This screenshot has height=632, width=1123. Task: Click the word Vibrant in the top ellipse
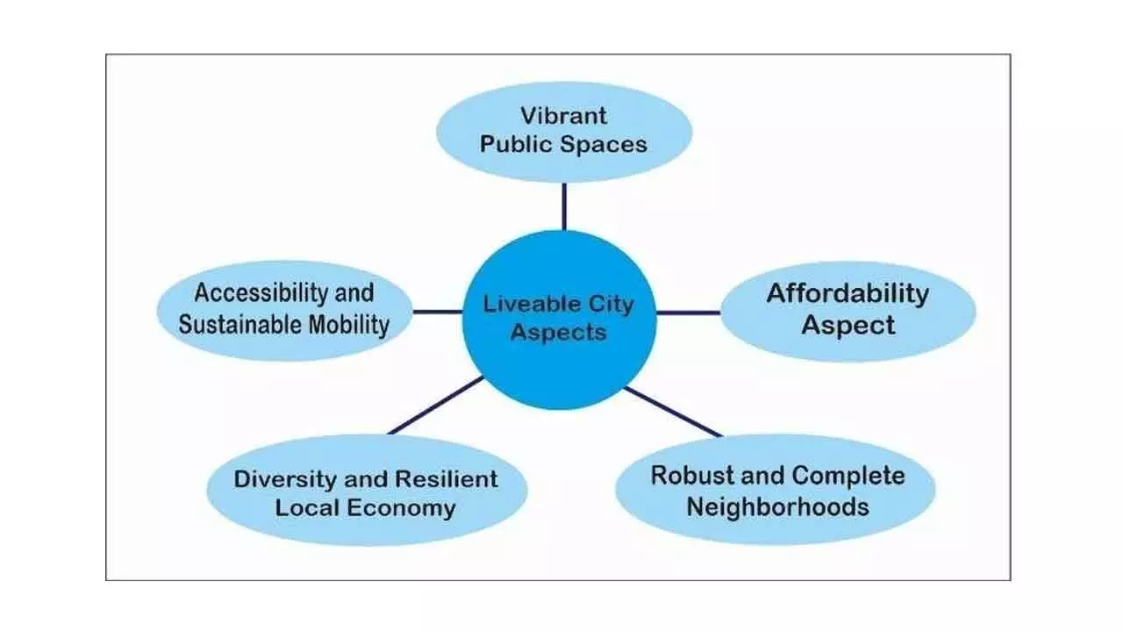coord(563,116)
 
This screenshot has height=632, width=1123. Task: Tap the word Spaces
coord(603,145)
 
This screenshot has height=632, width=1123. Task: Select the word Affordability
coord(848,294)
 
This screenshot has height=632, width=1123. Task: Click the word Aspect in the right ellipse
coord(848,325)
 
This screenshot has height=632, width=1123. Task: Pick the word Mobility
coord(349,325)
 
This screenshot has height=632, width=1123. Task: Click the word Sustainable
coord(240,325)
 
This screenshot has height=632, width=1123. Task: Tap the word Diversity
coord(285,479)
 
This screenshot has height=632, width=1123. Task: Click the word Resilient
coord(447,479)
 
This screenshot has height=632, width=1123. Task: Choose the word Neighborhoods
coord(777,506)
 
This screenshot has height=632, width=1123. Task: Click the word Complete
coord(848,476)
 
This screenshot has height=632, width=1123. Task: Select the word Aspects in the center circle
coord(559,333)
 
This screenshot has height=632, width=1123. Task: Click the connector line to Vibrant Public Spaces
coord(564,206)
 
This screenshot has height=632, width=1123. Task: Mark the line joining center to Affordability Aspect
coord(689,312)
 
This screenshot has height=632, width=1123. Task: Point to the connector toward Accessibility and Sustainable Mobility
coord(438,312)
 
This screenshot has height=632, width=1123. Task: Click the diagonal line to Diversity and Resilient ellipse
coord(436,406)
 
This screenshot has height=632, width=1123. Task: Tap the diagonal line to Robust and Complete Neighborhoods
coord(673,412)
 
